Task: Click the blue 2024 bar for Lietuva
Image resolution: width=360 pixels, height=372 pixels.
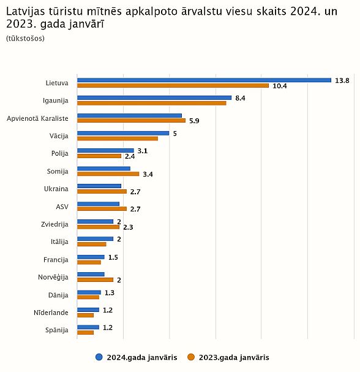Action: tap(204, 80)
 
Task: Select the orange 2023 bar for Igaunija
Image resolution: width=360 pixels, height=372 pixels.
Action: tap(152, 103)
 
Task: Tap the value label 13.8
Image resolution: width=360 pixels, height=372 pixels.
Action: tap(342, 80)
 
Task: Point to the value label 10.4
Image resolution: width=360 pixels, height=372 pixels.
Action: tap(280, 86)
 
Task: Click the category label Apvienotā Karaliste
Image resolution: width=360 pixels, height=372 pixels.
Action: tap(37, 118)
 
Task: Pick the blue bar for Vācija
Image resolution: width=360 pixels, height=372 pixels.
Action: tap(123, 133)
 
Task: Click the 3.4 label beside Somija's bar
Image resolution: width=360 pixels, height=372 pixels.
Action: tap(148, 175)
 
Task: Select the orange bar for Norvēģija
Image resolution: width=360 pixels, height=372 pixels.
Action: tap(96, 279)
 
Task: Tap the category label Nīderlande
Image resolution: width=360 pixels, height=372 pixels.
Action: tap(51, 313)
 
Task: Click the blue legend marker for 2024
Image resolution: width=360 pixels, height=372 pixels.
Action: tap(99, 357)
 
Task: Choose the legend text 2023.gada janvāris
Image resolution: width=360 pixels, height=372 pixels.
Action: tap(234, 357)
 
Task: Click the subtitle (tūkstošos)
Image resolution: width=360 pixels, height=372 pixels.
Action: tap(25, 39)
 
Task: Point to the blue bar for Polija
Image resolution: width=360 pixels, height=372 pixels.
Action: tap(105, 150)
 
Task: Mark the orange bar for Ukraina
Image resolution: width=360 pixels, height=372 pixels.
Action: tap(102, 191)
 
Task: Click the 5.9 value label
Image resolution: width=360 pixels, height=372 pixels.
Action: tap(194, 121)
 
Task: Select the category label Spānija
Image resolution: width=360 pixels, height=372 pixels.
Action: tap(57, 330)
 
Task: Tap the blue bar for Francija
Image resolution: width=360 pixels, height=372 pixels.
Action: tap(91, 257)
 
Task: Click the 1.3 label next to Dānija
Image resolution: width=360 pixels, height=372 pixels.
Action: tap(110, 293)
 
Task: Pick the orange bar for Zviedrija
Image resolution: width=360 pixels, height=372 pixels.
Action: tap(99, 227)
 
